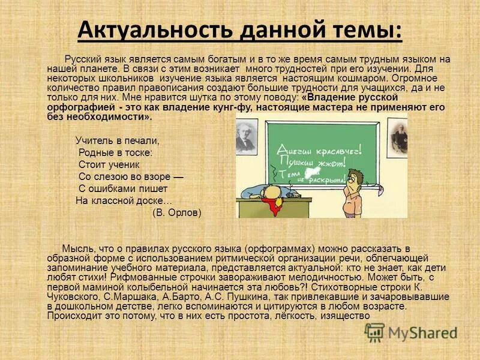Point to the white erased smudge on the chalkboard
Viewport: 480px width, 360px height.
click(x=310, y=173)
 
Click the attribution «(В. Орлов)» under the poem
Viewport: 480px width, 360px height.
click(x=177, y=213)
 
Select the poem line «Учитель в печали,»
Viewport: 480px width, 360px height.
click(x=118, y=140)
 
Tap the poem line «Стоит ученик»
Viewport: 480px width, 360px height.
click(x=109, y=164)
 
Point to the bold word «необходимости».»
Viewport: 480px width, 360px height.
click(x=114, y=117)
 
